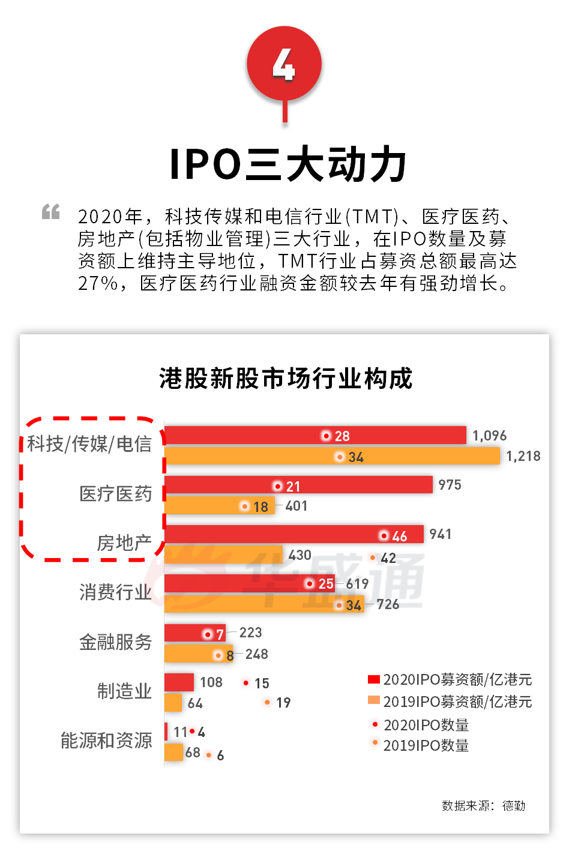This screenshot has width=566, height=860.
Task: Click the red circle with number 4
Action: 284,64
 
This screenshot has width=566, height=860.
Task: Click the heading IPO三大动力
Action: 288,164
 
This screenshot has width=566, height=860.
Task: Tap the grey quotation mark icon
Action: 51,211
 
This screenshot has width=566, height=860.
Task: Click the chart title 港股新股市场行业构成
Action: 286,379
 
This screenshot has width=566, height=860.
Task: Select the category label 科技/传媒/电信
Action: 89,444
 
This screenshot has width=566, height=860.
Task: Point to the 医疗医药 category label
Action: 115,494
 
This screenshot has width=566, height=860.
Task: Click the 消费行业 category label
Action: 115,592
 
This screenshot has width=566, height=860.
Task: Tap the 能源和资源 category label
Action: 106,741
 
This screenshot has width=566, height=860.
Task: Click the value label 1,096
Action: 489,436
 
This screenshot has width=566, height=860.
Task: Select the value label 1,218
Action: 523,456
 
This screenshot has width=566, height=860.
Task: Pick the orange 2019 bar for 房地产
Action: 223,555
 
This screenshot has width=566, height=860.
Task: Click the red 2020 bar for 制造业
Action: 179,682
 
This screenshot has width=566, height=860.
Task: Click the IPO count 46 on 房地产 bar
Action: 399,536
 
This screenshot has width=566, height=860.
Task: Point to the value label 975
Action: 450,485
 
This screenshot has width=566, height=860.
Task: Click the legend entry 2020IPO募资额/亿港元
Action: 450,680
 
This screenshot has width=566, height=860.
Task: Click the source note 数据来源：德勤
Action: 483,805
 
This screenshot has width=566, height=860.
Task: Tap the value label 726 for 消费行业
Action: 388,604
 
